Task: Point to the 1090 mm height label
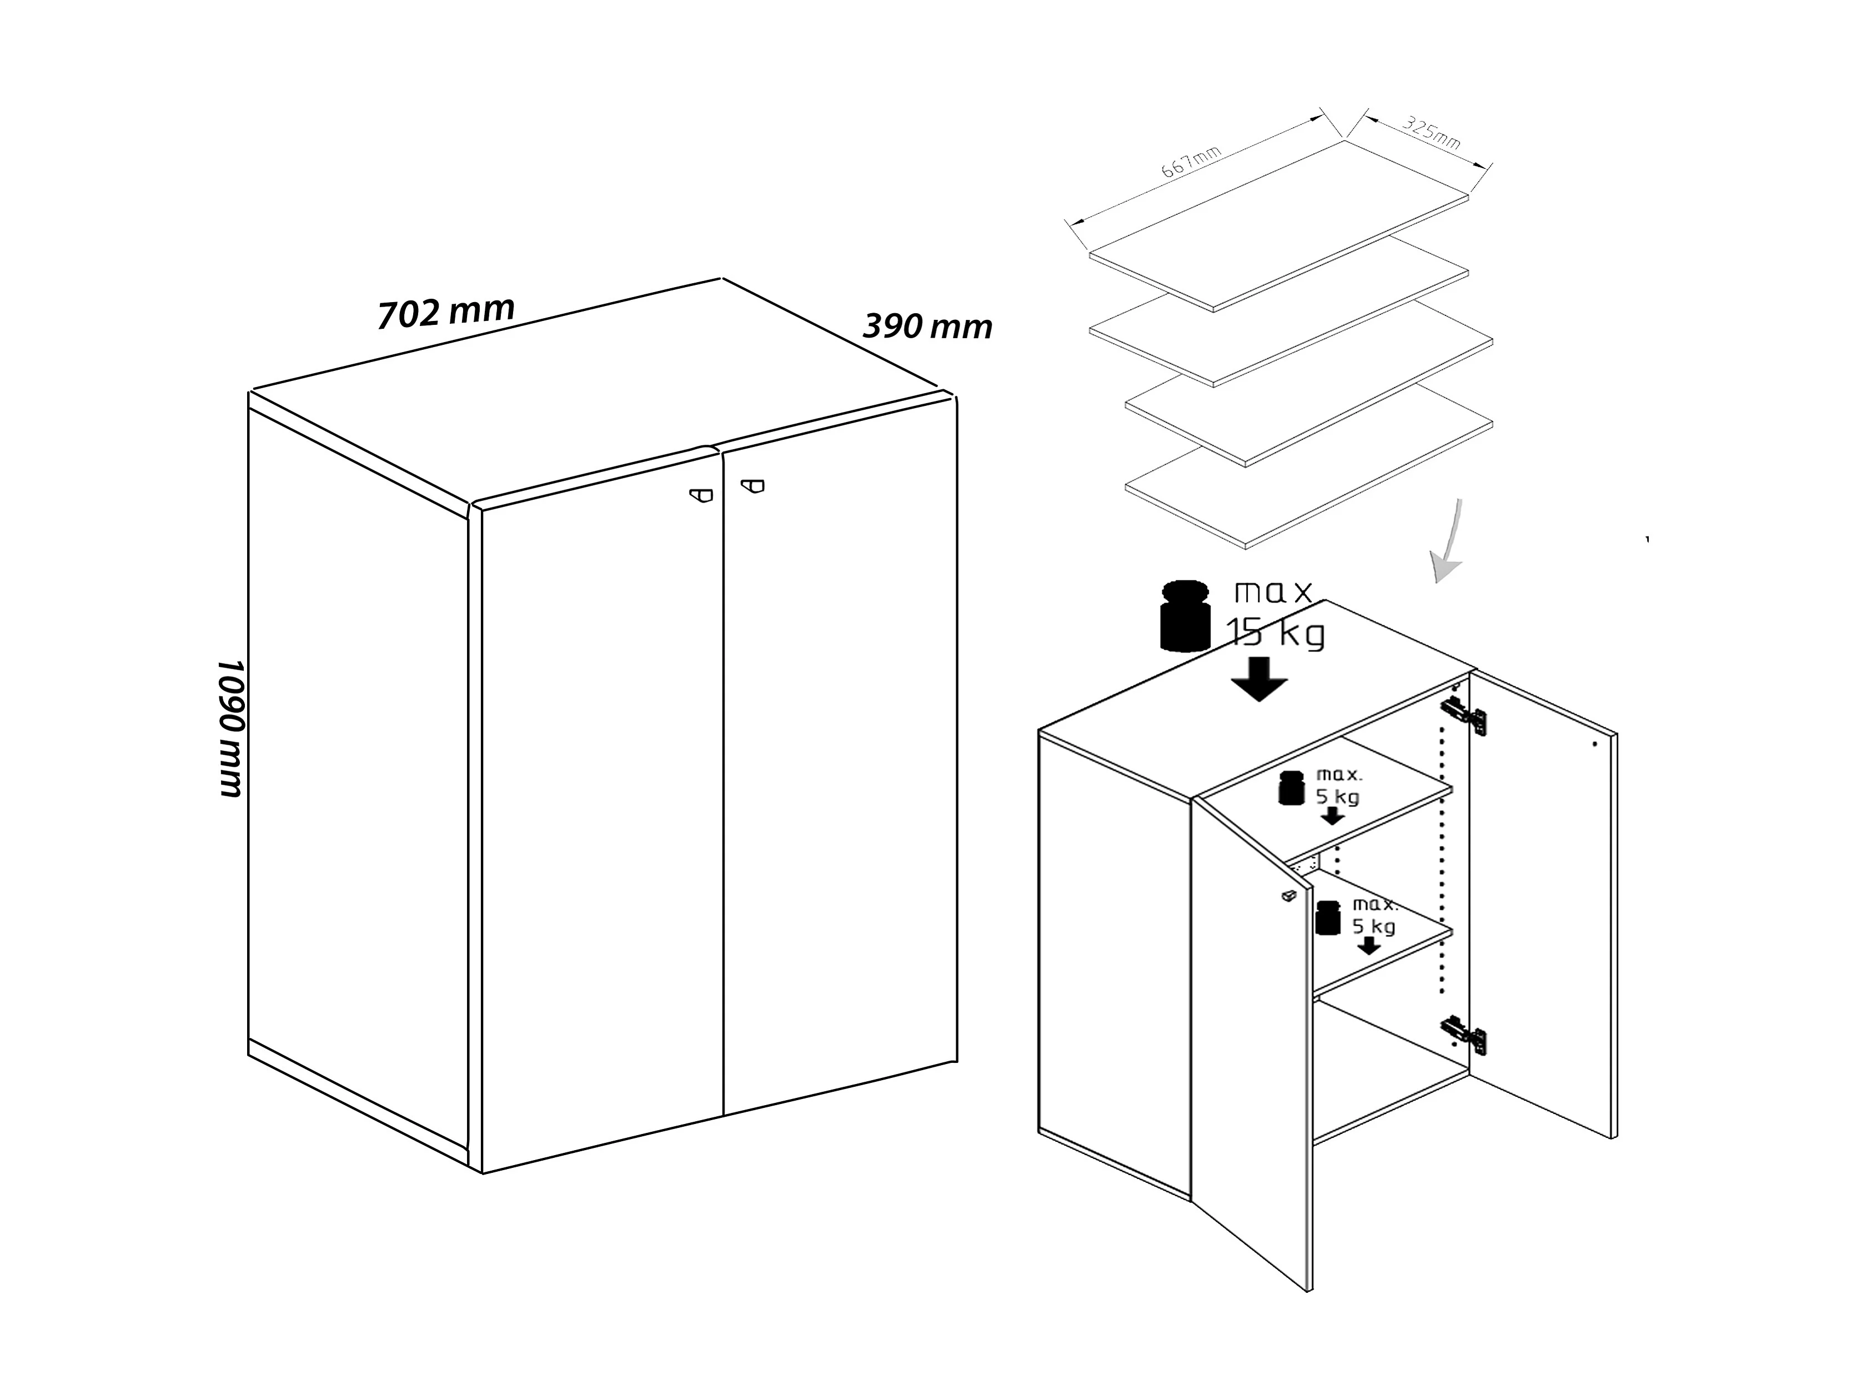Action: pyautogui.click(x=229, y=727)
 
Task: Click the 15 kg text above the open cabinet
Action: pyautogui.click(x=1276, y=633)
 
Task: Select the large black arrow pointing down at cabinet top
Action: pyautogui.click(x=1258, y=679)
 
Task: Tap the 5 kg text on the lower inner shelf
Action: pyautogui.click(x=1374, y=926)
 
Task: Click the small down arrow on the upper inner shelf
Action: pyautogui.click(x=1332, y=815)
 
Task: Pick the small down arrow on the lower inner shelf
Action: pyautogui.click(x=1369, y=946)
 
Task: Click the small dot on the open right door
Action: pyautogui.click(x=1594, y=744)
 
